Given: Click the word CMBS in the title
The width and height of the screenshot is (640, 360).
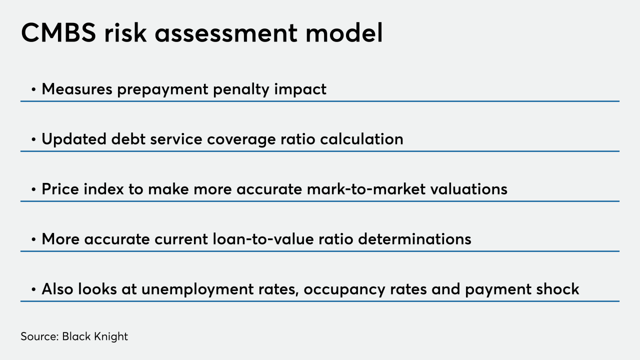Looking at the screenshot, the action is click(58, 33).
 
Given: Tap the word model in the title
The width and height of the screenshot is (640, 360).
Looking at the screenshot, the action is click(344, 32).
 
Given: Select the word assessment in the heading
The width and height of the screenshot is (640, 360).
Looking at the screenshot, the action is click(226, 33).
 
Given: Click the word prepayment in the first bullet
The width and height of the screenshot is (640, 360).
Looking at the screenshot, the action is click(162, 89).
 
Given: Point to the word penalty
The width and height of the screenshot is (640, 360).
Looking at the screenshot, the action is click(241, 89).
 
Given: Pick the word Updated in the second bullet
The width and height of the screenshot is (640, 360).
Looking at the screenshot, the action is click(74, 139).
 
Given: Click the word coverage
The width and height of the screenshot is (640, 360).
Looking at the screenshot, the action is click(241, 140).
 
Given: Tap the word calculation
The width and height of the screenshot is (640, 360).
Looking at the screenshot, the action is click(361, 139).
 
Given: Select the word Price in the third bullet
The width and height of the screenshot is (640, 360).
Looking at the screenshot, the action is click(60, 189).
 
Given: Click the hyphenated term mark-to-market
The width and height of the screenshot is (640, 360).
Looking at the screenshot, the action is click(366, 189).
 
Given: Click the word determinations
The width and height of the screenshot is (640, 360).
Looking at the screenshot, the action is click(414, 239).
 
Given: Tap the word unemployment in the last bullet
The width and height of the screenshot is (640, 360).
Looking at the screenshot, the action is click(197, 289).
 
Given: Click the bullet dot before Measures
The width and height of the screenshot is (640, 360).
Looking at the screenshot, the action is click(33, 89).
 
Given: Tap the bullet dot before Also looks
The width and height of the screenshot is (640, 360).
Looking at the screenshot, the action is click(33, 289).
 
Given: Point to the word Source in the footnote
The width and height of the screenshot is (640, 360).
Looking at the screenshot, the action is click(38, 336).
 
